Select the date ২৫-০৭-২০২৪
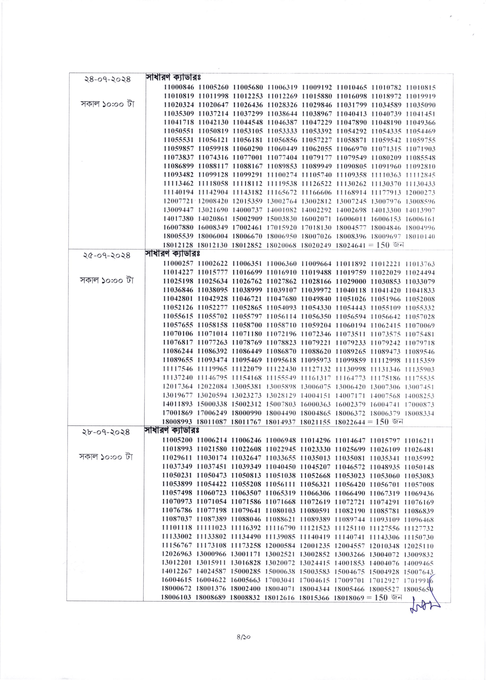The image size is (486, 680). (x=107, y=255)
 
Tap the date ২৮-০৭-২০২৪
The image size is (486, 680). (x=106, y=432)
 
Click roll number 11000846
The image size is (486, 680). (x=179, y=88)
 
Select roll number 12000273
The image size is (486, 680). (x=421, y=193)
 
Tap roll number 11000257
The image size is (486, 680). (x=178, y=264)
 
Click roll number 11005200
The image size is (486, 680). (x=177, y=440)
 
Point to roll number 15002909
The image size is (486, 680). (x=247, y=219)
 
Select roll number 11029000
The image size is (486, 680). (x=350, y=281)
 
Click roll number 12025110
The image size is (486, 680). (x=418, y=546)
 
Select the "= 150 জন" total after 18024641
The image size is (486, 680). (x=386, y=245)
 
